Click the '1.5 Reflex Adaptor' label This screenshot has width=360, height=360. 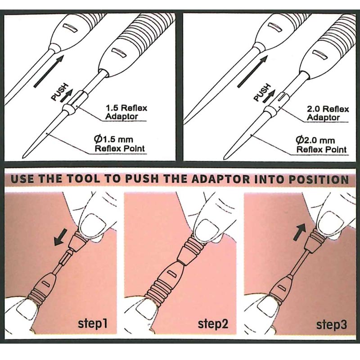(126, 112)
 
